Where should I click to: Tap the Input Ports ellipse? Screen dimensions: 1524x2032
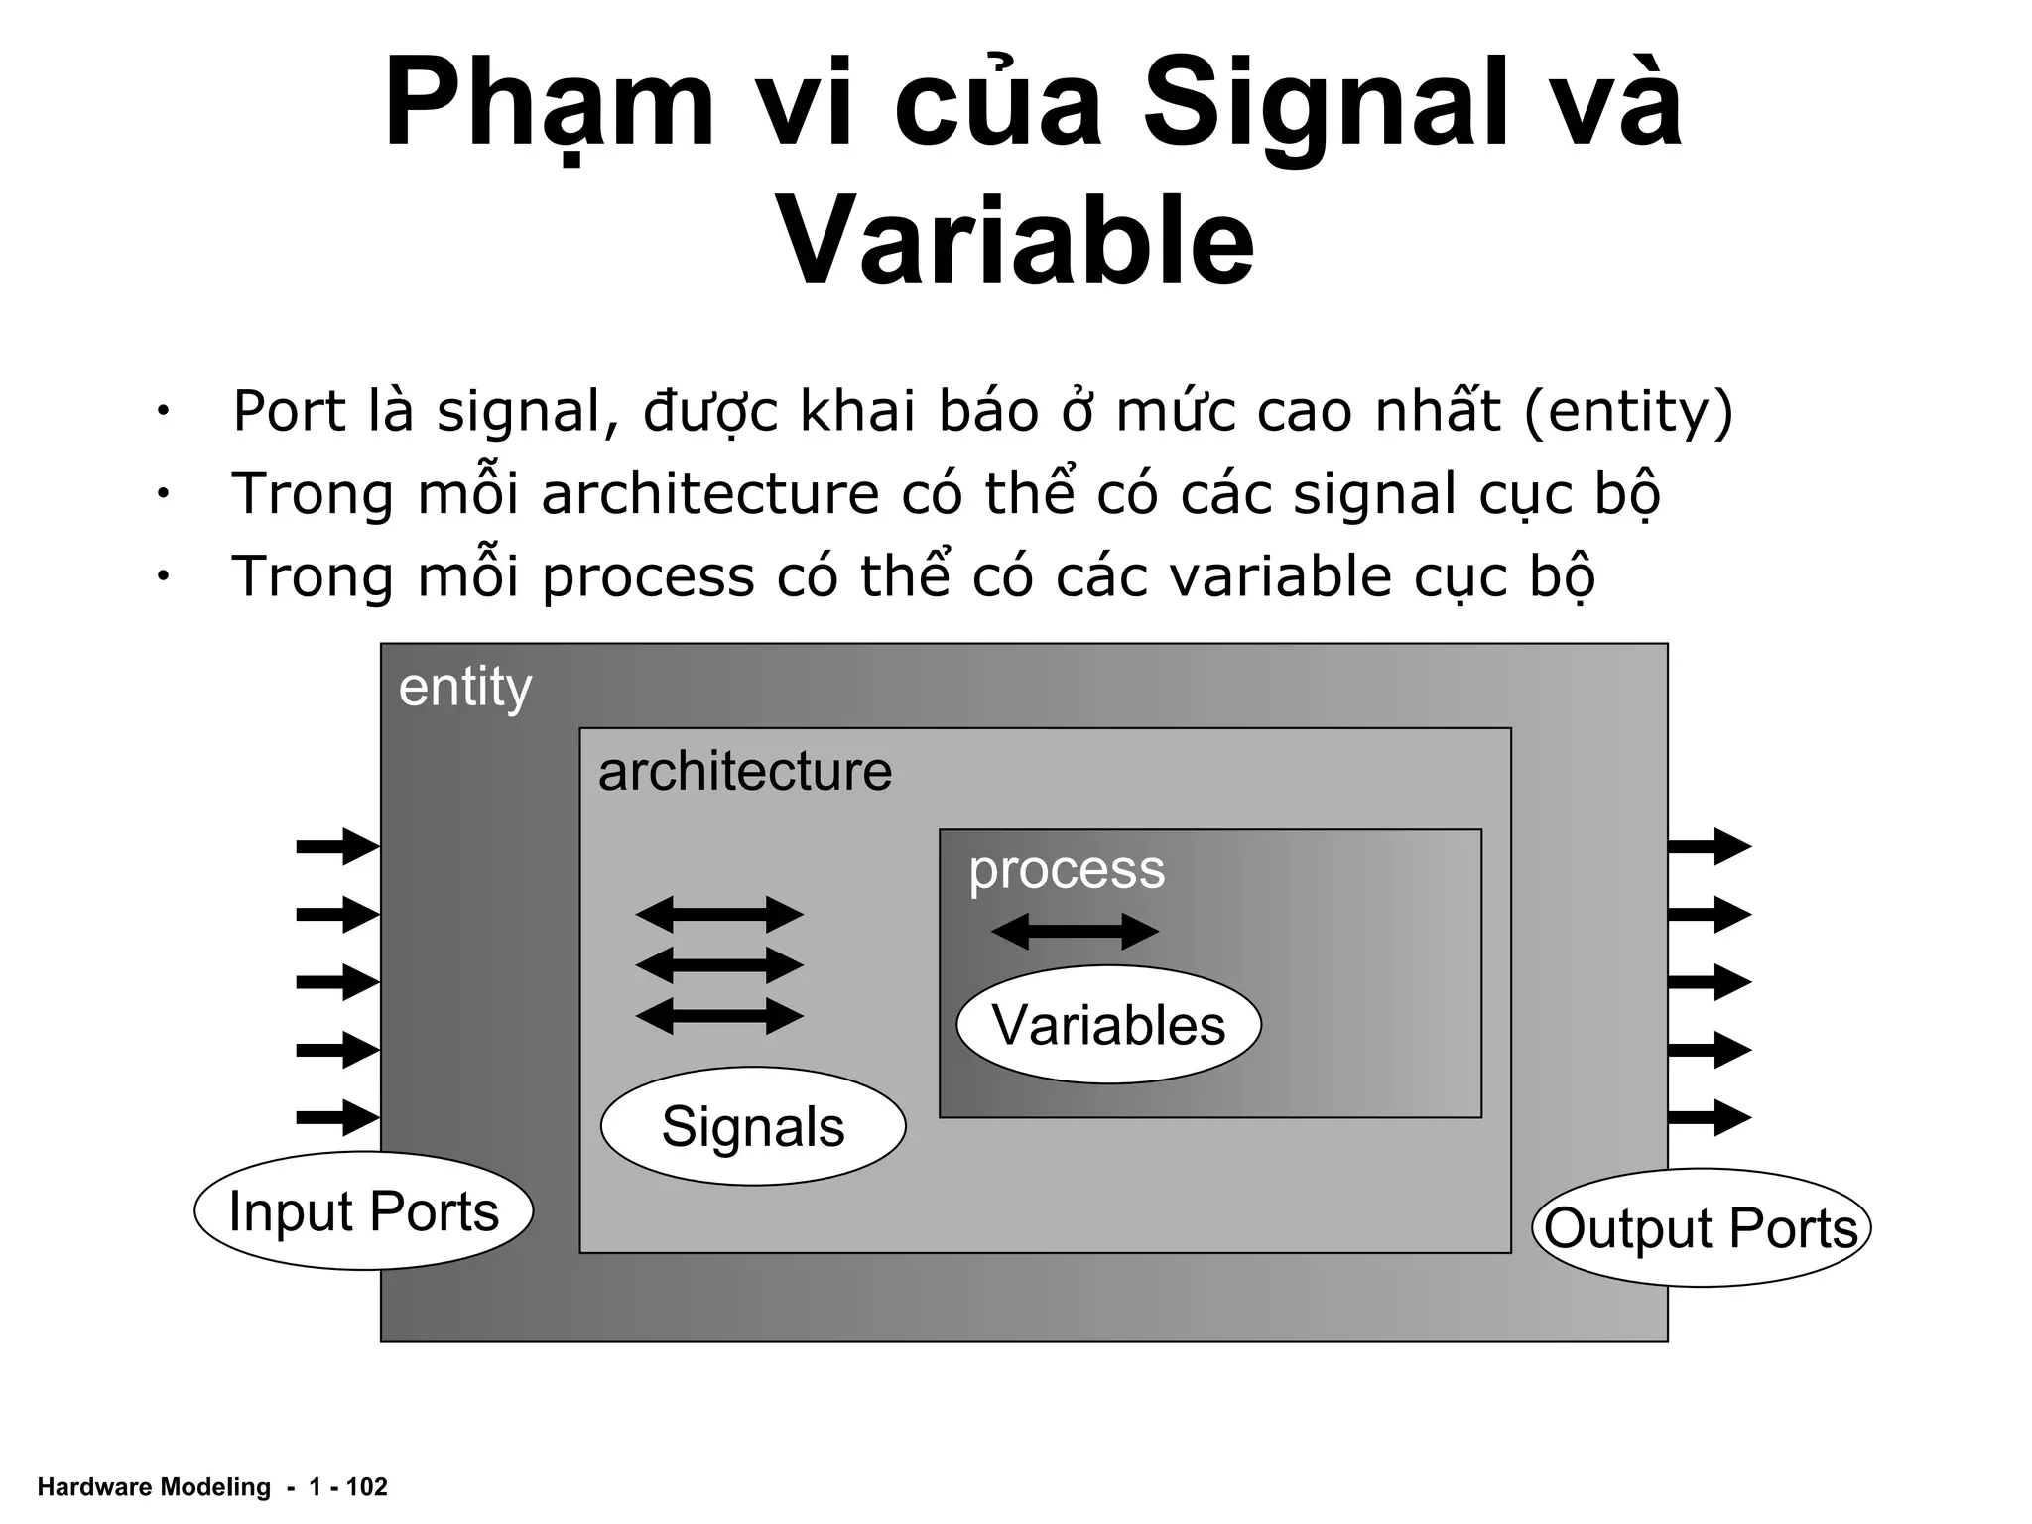(x=363, y=1210)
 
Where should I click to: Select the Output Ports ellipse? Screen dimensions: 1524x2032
(x=1701, y=1227)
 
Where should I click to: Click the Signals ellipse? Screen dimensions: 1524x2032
(x=753, y=1126)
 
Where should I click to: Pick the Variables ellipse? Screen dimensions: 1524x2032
(x=1108, y=1024)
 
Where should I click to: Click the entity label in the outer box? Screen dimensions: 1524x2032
(x=464, y=687)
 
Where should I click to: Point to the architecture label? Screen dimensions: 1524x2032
(x=744, y=771)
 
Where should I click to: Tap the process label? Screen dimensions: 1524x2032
(x=1067, y=869)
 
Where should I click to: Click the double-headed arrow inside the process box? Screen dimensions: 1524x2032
(x=1075, y=932)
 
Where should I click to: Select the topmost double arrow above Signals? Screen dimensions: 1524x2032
(x=719, y=914)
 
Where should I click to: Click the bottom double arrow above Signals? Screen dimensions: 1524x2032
(x=719, y=1016)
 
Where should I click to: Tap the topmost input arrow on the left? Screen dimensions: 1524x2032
(x=337, y=846)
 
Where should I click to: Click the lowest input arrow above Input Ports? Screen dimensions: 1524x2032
(x=337, y=1117)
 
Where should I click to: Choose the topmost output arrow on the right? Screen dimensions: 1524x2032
(x=1709, y=846)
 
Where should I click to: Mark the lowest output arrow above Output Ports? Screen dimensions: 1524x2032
(x=1709, y=1117)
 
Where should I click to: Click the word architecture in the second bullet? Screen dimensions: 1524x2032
(x=709, y=493)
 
